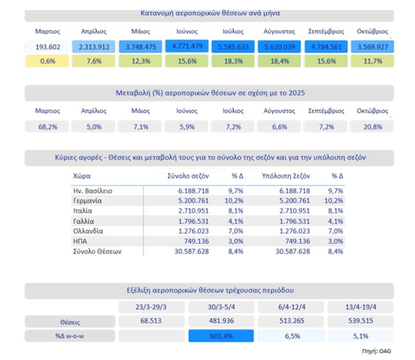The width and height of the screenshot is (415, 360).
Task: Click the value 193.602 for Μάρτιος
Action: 48,47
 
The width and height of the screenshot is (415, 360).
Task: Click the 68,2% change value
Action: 48,126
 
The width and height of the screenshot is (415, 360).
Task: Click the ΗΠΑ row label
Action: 81,241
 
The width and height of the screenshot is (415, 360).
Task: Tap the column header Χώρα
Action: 82,177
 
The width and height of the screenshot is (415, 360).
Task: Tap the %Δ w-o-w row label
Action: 69,336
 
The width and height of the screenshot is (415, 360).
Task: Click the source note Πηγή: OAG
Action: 380,352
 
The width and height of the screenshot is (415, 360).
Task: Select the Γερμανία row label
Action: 88,201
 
